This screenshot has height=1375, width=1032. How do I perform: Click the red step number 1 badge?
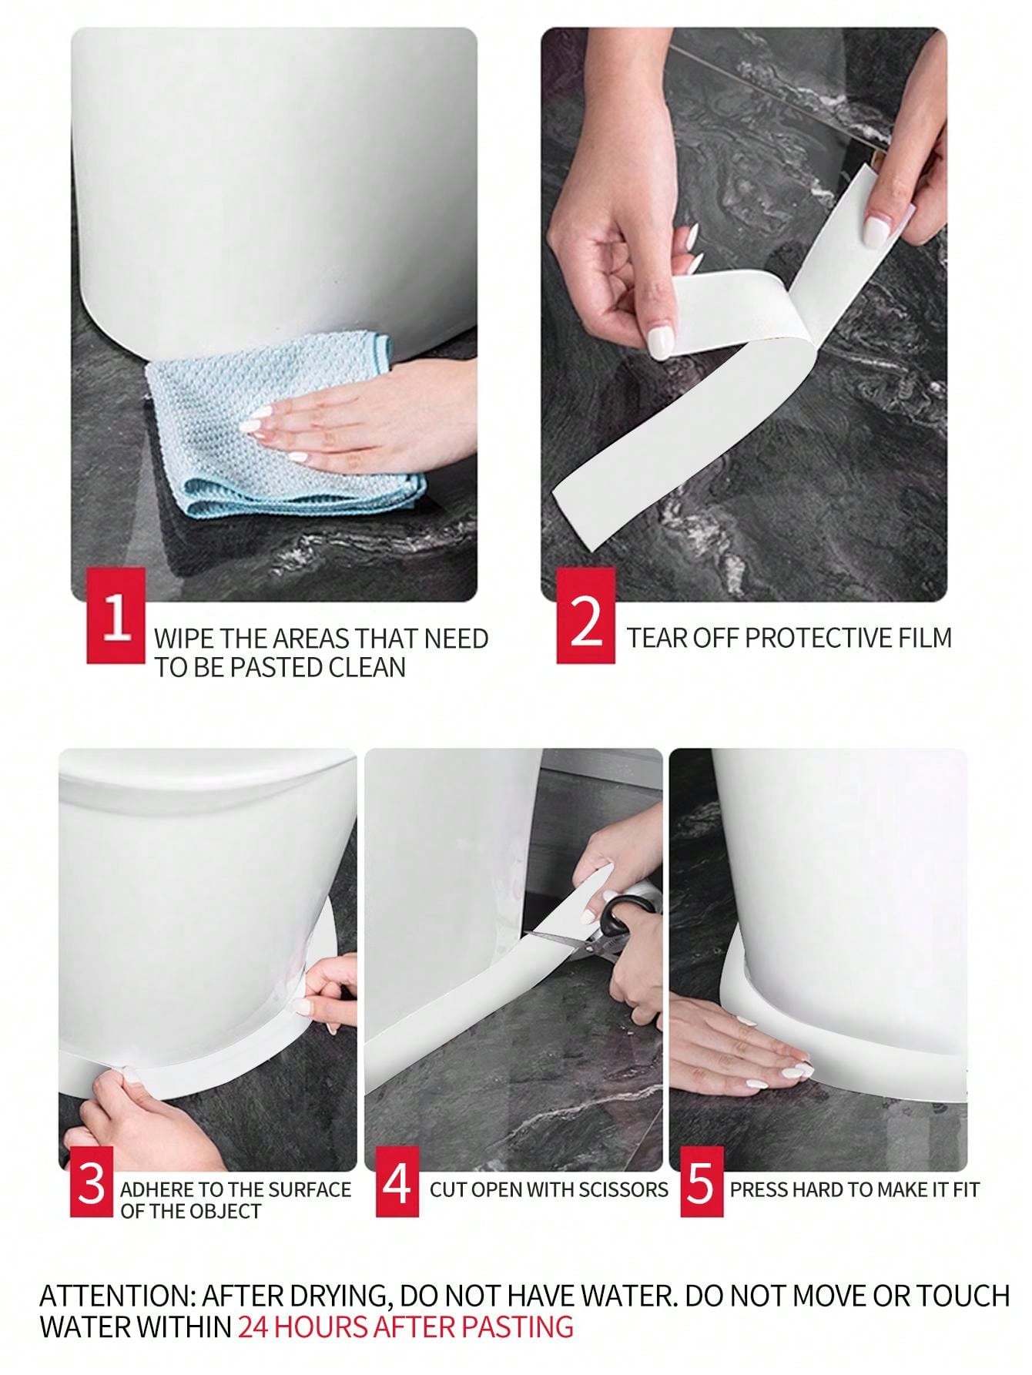[x=116, y=615]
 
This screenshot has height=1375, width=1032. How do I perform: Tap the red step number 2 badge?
[x=586, y=615]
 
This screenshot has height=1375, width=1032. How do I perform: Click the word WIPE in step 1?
[x=183, y=639]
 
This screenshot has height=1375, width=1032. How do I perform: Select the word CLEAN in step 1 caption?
[x=367, y=667]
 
